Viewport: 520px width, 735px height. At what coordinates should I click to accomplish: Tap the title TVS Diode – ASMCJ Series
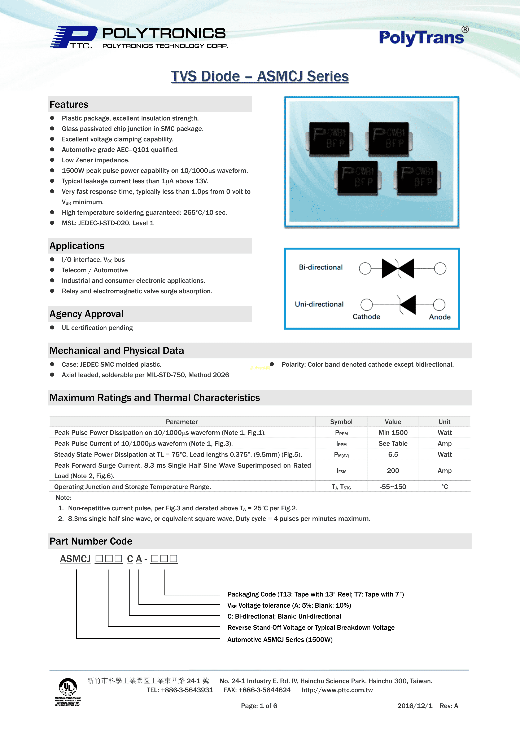point(260,76)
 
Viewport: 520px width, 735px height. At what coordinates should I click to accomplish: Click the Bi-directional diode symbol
point(398,268)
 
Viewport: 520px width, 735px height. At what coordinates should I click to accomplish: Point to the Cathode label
point(366,317)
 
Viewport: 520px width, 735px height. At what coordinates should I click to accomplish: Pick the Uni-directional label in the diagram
point(319,304)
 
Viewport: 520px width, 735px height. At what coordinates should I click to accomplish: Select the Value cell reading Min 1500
point(393,432)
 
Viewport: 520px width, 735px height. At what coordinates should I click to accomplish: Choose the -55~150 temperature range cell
point(393,487)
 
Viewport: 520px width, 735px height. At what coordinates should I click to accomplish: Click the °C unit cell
point(444,487)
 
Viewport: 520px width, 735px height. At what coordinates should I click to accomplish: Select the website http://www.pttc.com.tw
point(337,690)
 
